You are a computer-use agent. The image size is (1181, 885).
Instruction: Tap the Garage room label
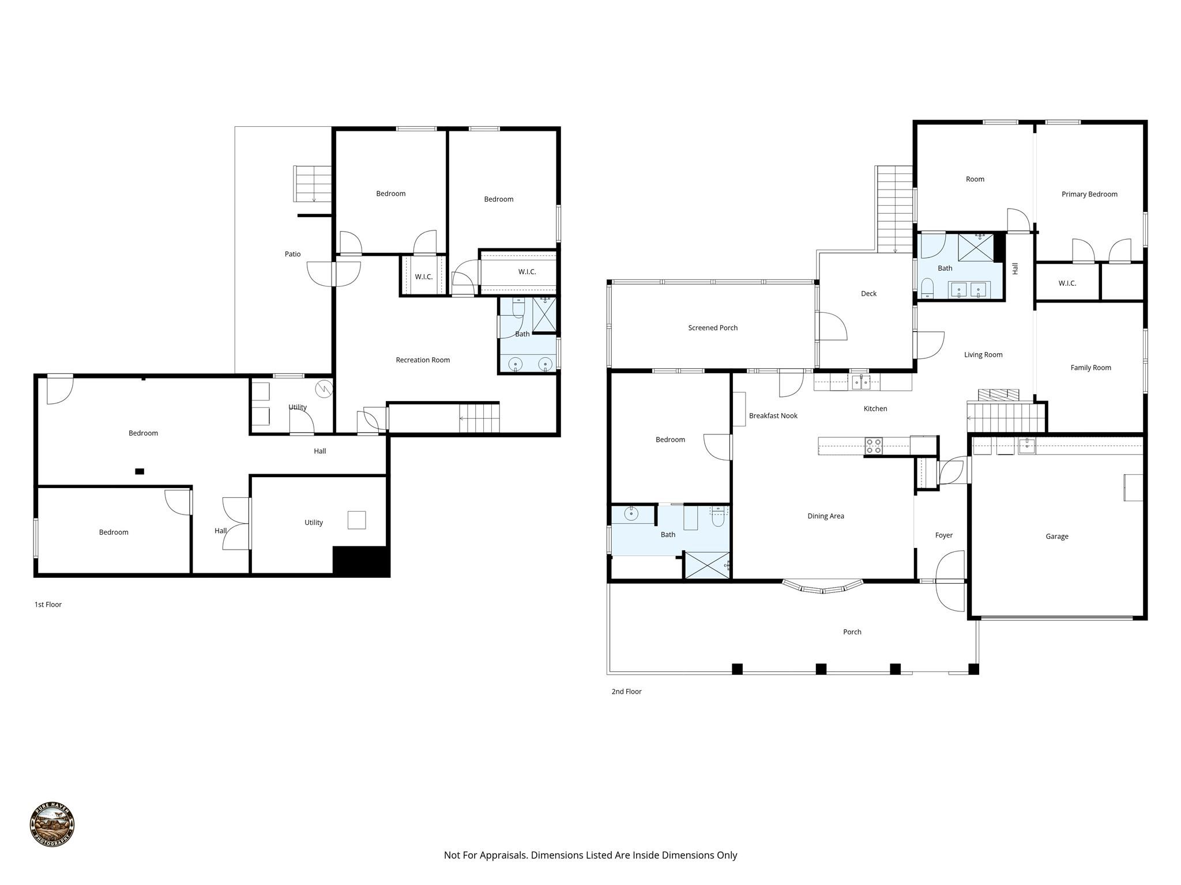coord(1056,536)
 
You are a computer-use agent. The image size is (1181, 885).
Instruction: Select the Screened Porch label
coord(713,328)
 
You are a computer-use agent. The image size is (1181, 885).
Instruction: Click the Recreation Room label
coord(423,360)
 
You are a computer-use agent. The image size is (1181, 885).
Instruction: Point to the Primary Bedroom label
coord(1089,194)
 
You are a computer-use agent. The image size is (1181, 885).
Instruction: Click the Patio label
coord(292,254)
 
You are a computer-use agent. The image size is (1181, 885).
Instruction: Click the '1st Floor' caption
coord(48,604)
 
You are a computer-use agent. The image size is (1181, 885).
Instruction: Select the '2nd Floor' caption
coord(626,691)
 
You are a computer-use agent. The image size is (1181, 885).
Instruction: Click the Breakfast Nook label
coord(773,416)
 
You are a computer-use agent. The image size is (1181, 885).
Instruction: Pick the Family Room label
coord(1090,368)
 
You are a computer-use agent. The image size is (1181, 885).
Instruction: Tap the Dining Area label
coord(825,516)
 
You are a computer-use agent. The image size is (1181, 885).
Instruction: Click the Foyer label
coord(943,535)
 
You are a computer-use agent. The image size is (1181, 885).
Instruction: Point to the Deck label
coord(868,294)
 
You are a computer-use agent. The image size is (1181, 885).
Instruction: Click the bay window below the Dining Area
coord(822,587)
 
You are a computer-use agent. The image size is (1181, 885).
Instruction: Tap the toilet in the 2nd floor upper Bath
coord(927,287)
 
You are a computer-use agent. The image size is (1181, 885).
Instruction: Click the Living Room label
coord(983,355)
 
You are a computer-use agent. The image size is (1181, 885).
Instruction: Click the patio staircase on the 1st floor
coord(313,184)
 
